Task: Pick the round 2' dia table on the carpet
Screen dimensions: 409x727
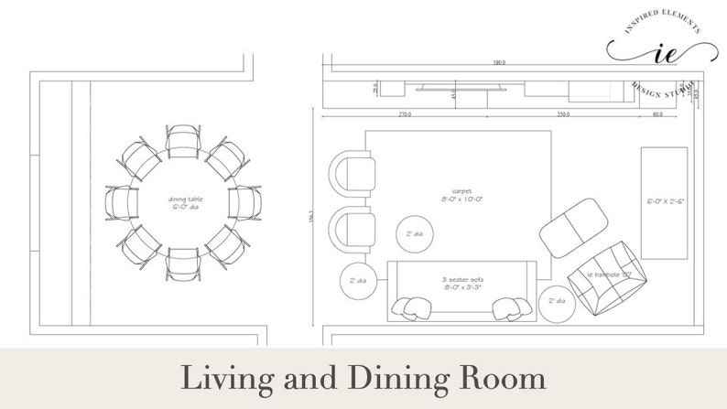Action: point(409,233)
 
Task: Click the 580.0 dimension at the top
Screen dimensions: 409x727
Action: point(498,63)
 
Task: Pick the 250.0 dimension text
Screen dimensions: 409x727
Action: point(563,115)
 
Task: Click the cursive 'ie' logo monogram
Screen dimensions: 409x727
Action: point(659,53)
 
